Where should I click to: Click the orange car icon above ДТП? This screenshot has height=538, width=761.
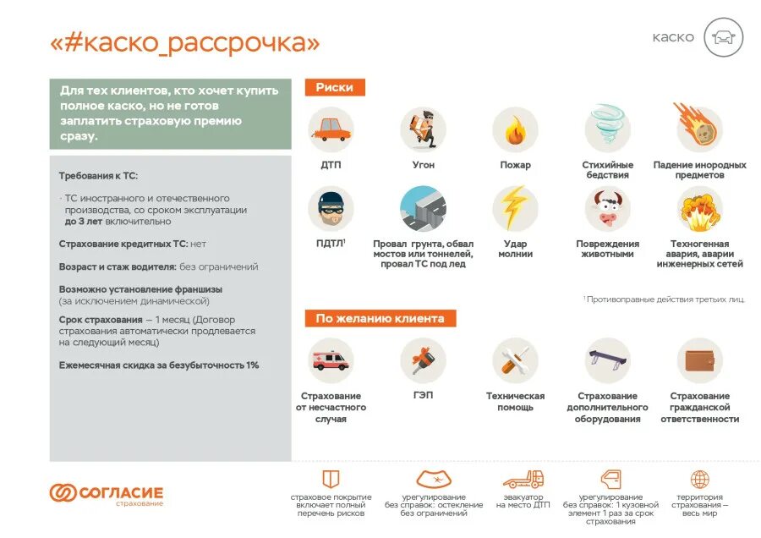(x=331, y=129)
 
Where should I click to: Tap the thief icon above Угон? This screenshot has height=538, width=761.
(x=423, y=129)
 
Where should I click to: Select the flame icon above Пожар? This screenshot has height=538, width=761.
(x=515, y=129)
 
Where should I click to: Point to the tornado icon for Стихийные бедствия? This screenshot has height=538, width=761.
(x=607, y=128)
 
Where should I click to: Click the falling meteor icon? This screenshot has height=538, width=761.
(x=699, y=128)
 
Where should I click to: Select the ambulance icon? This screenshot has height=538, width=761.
(x=331, y=360)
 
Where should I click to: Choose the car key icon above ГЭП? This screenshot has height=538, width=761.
(x=423, y=360)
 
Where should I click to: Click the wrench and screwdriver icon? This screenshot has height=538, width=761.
(x=515, y=360)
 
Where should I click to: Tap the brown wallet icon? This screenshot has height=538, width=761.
(x=699, y=360)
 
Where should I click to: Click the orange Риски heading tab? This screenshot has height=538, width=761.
(x=335, y=87)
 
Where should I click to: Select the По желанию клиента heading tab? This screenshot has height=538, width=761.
(x=380, y=318)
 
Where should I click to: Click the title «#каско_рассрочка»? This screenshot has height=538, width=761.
(x=184, y=42)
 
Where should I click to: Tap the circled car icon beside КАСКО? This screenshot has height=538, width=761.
(x=723, y=37)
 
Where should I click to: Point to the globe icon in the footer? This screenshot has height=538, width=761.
(x=699, y=480)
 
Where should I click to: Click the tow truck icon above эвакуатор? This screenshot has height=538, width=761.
(x=523, y=480)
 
